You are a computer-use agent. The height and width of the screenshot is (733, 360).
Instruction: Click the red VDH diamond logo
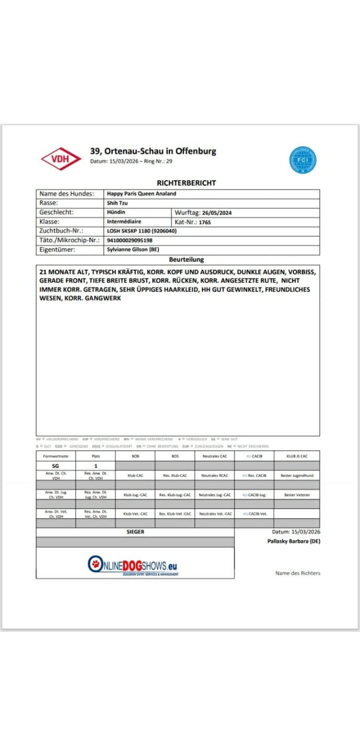pyautogui.click(x=61, y=159)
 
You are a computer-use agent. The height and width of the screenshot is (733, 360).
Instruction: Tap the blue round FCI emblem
pyautogui.click(x=303, y=160)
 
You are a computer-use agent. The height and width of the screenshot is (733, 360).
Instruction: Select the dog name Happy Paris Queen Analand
pyautogui.click(x=141, y=194)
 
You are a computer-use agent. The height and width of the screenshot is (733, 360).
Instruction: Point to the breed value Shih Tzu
pyautogui.click(x=117, y=203)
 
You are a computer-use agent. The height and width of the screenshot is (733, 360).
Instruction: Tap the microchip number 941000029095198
pyautogui.click(x=129, y=240)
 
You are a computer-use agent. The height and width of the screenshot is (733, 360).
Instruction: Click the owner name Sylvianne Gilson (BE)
pyautogui.click(x=132, y=250)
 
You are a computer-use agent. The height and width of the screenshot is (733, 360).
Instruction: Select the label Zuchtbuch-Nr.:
pyautogui.click(x=62, y=231)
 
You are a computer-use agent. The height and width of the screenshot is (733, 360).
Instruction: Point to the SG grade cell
pyautogui.click(x=55, y=465)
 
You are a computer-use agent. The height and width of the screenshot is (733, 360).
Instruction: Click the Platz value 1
pyautogui.click(x=96, y=465)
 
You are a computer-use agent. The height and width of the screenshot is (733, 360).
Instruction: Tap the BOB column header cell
pyautogui.click(x=135, y=456)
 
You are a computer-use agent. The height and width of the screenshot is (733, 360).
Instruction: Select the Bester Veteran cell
pyautogui.click(x=297, y=494)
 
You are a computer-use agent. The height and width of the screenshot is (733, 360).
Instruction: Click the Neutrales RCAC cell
pyautogui.click(x=214, y=475)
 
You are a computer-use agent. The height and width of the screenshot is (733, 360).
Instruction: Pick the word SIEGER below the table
pyautogui.click(x=136, y=532)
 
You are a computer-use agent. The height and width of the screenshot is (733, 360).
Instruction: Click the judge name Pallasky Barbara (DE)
pyautogui.click(x=294, y=541)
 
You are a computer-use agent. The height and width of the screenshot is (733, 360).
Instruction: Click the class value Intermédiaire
pyautogui.click(x=124, y=221)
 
